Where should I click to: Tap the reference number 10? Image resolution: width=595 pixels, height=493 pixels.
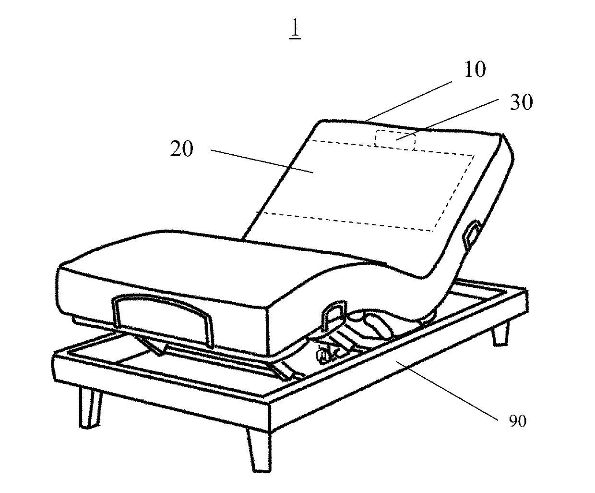click(474, 70)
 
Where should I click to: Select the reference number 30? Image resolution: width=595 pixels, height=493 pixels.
click(520, 102)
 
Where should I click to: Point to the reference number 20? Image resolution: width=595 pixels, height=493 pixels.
click(182, 149)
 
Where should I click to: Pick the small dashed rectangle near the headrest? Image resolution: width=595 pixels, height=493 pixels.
click(395, 140)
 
